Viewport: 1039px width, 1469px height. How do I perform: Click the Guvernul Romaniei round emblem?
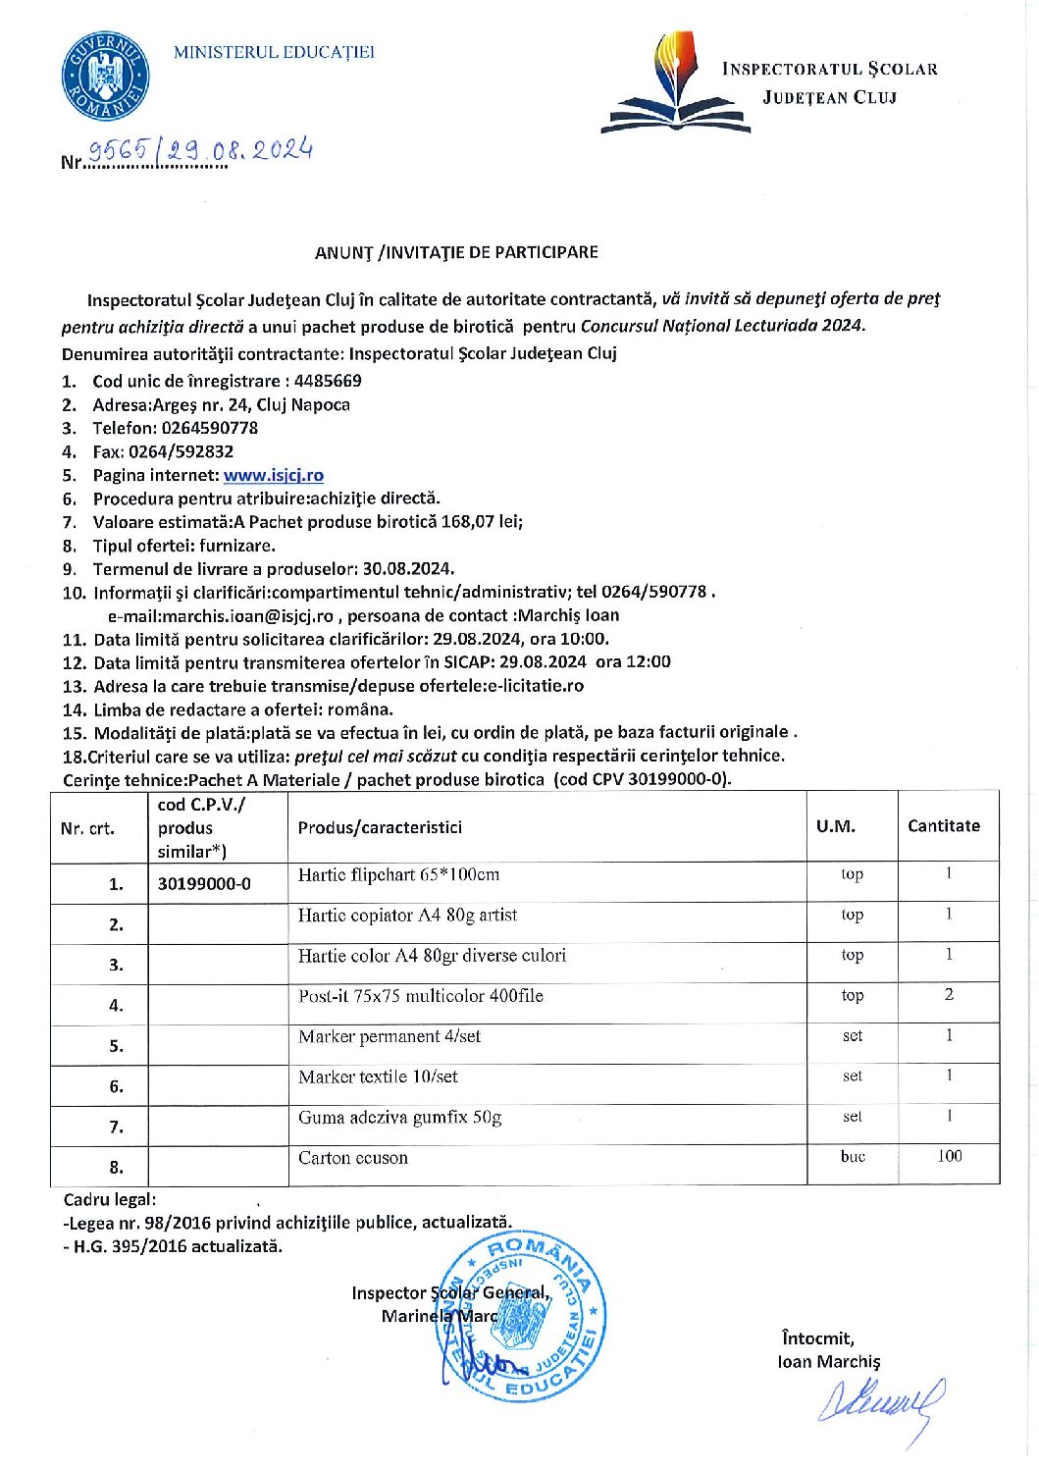pyautogui.click(x=104, y=77)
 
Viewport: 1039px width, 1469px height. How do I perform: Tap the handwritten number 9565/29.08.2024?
pyautogui.click(x=200, y=150)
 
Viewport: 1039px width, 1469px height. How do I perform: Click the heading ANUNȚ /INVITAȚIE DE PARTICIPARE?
pyautogui.click(x=456, y=252)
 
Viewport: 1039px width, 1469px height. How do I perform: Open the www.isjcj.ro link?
pyautogui.click(x=274, y=475)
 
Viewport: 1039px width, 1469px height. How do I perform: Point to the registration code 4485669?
pyautogui.click(x=328, y=381)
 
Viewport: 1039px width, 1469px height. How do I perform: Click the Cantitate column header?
pyautogui.click(x=944, y=826)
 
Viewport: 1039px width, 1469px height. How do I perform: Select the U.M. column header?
pyautogui.click(x=835, y=826)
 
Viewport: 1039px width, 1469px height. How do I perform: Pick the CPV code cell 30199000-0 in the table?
pyautogui.click(x=204, y=884)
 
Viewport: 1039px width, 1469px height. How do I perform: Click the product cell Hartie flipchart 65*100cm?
pyautogui.click(x=398, y=874)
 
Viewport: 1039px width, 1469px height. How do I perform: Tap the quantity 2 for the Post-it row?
pyautogui.click(x=949, y=994)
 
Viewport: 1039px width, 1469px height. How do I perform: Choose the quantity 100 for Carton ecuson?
pyautogui.click(x=949, y=1156)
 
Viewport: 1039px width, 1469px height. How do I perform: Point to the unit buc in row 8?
pyautogui.click(x=853, y=1157)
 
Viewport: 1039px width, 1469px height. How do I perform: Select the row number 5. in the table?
pyautogui.click(x=116, y=1046)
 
